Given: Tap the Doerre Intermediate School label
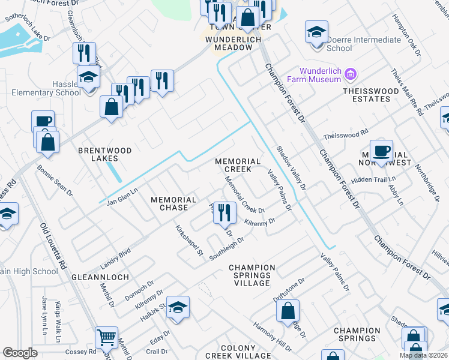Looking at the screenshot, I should pyautogui.click(x=355, y=44).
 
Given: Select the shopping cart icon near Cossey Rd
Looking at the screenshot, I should pyautogui.click(x=106, y=337).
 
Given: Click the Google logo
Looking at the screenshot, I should pyautogui.click(x=20, y=353).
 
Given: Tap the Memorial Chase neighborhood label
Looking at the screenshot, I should pyautogui.click(x=173, y=203).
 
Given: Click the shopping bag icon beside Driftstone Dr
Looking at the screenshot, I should pyautogui.click(x=288, y=311).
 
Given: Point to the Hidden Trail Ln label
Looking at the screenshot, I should pyautogui.click(x=375, y=179).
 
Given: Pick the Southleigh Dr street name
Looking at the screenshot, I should pyautogui.click(x=226, y=248).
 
